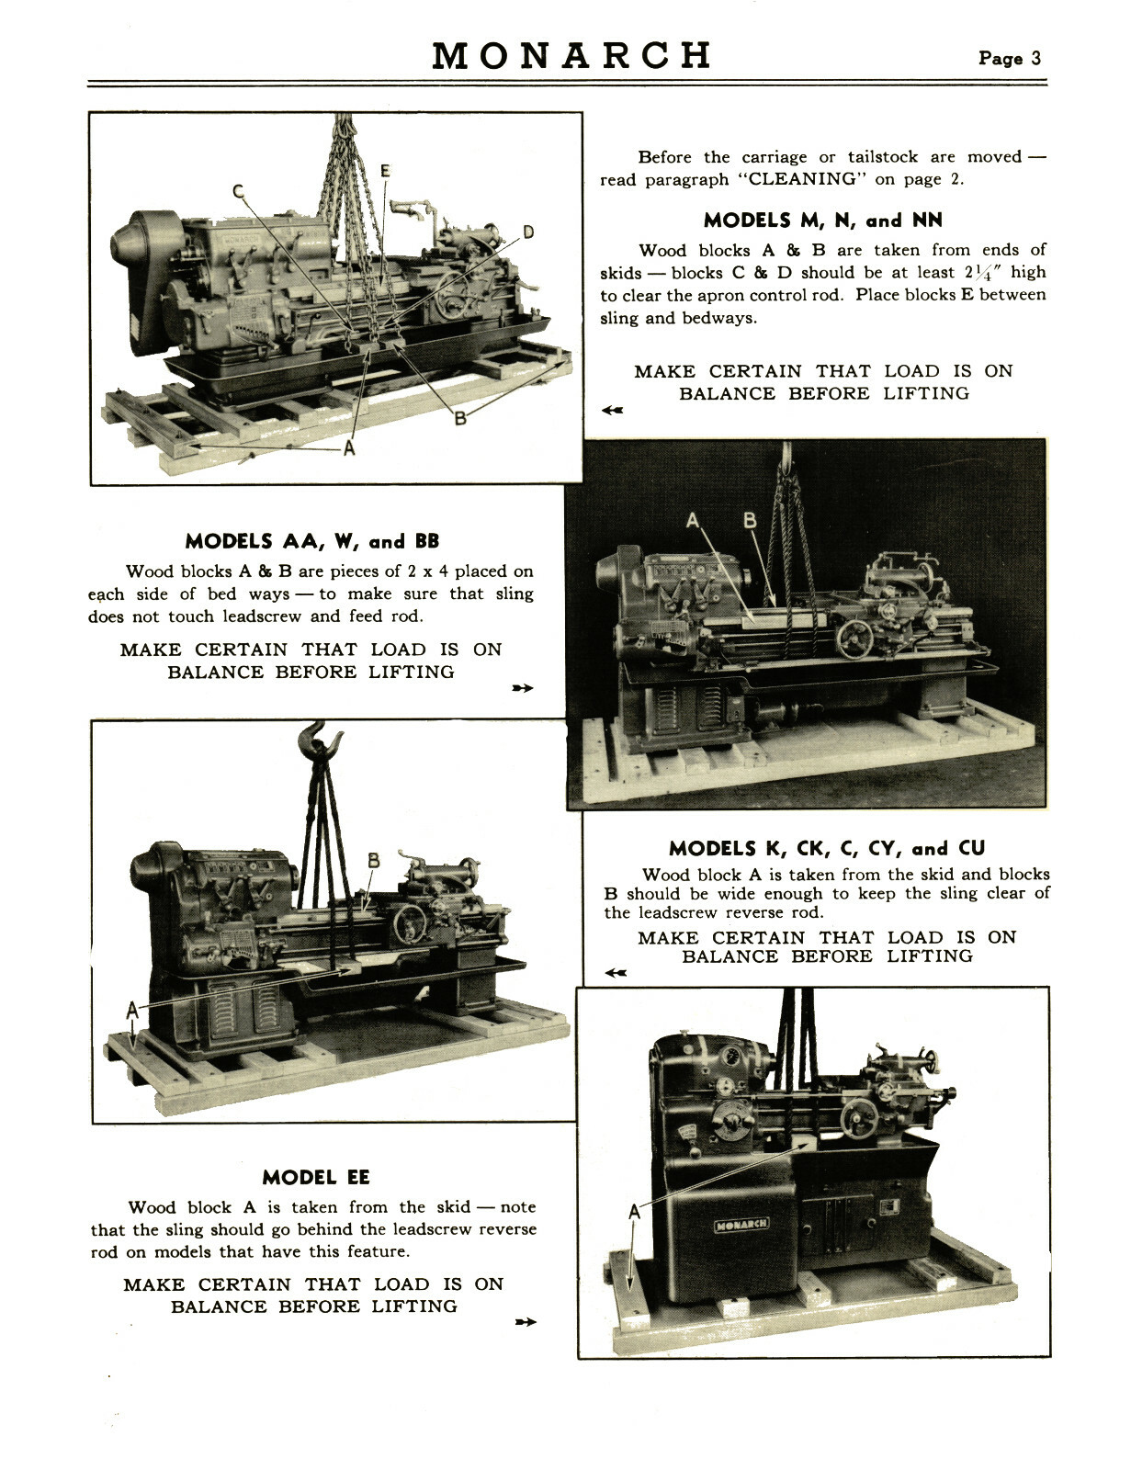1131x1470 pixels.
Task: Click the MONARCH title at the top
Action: [571, 56]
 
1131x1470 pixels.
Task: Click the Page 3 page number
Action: [1010, 59]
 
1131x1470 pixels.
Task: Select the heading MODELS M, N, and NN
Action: [822, 220]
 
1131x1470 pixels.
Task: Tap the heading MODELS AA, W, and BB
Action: [311, 541]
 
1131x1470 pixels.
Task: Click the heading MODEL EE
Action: [315, 1178]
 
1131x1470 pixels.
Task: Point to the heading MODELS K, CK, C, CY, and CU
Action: [827, 848]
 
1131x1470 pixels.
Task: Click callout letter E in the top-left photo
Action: [385, 171]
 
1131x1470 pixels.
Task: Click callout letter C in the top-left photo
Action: [238, 192]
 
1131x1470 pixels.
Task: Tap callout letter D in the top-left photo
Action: [528, 232]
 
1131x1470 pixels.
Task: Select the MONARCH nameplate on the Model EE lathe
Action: [742, 1224]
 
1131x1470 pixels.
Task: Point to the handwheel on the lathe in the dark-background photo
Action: [854, 639]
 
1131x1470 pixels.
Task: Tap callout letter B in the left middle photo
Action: [374, 861]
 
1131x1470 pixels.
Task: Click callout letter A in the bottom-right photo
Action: [633, 1213]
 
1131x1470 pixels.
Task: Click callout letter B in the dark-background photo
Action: [750, 521]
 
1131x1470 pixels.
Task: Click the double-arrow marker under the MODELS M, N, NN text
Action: [612, 410]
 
